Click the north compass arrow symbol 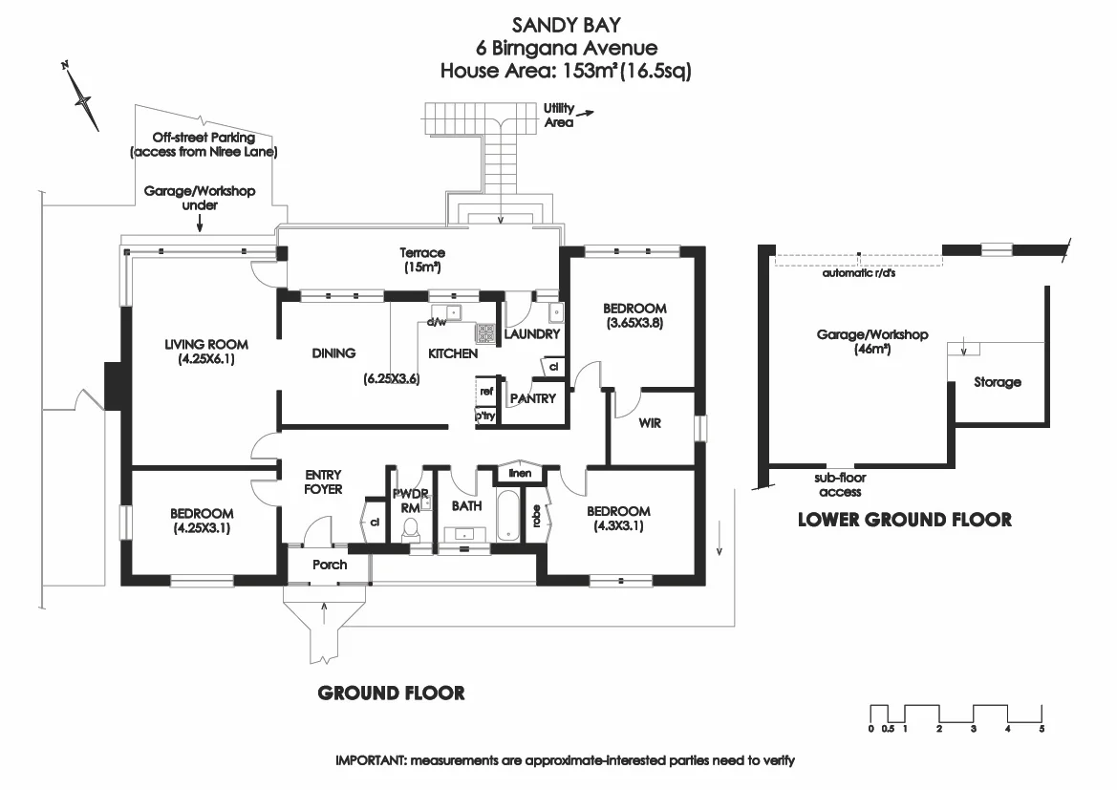83,97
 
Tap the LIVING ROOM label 205,345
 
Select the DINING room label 333,352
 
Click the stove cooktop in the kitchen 485,333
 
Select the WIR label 650,423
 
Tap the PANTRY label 532,398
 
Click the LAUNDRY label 530,334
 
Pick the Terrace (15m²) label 422,260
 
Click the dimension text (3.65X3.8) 634,323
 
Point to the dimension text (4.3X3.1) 618,525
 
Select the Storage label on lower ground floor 997,382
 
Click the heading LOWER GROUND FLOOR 904,520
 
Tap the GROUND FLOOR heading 391,693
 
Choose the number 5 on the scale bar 1042,729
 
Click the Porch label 330,565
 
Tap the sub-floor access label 840,485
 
